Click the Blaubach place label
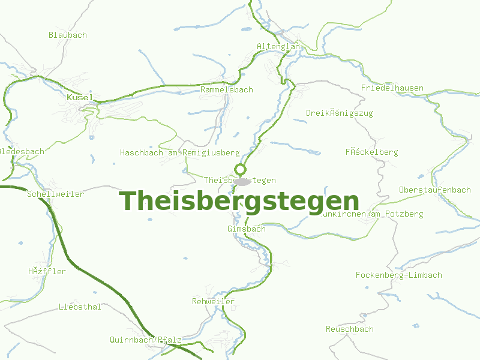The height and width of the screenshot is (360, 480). pyautogui.click(x=67, y=35)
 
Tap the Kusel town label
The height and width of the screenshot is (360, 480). pyautogui.click(x=79, y=97)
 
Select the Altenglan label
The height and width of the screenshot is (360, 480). pyautogui.click(x=278, y=46)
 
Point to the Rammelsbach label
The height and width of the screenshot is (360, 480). pyautogui.click(x=227, y=89)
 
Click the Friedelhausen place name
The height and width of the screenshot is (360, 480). pyautogui.click(x=392, y=88)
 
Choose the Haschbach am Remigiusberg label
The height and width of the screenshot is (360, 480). pyautogui.click(x=179, y=153)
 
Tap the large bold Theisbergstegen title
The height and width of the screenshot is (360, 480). pyautogui.click(x=239, y=200)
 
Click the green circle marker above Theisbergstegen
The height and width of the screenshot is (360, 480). pyautogui.click(x=241, y=169)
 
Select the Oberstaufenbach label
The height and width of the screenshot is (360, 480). pyautogui.click(x=434, y=190)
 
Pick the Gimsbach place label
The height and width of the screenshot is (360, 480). pyautogui.click(x=246, y=229)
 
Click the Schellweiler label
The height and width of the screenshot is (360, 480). pyautogui.click(x=55, y=194)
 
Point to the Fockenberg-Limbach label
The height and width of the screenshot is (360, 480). pyautogui.click(x=398, y=275)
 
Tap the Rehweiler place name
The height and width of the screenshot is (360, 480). pyautogui.click(x=213, y=301)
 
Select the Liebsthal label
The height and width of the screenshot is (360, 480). pyautogui.click(x=80, y=307)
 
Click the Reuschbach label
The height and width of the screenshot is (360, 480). pyautogui.click(x=349, y=329)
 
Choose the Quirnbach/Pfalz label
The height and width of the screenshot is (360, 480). pyautogui.click(x=145, y=340)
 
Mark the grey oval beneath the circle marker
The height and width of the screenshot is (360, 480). pyautogui.click(x=242, y=181)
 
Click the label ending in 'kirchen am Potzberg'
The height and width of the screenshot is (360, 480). pyautogui.click(x=372, y=214)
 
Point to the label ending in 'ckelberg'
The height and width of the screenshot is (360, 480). pyautogui.click(x=371, y=152)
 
